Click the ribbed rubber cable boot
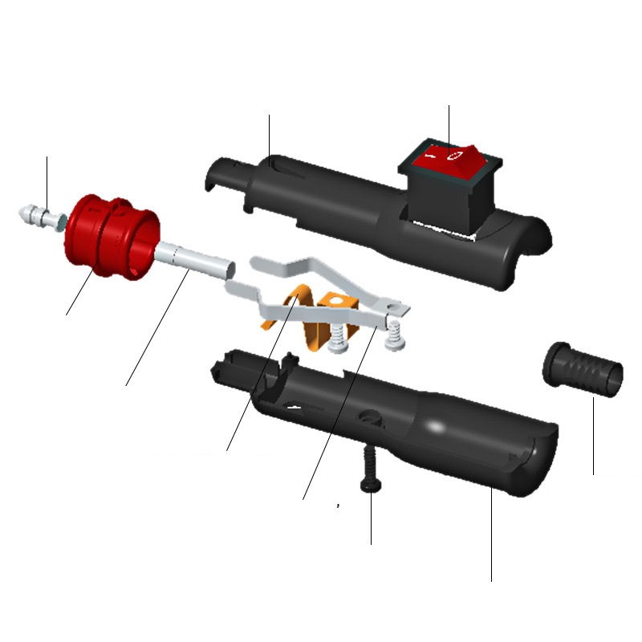tap(583, 368)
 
